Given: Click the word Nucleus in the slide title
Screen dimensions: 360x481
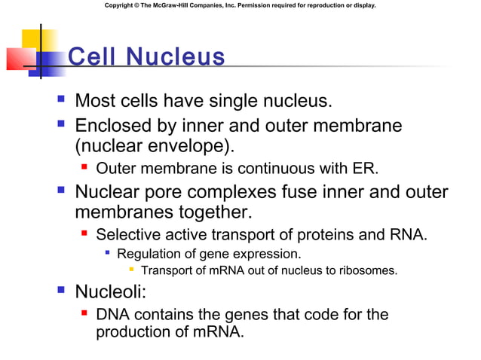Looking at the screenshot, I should coord(175,57).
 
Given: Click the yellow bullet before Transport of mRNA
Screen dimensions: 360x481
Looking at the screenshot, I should coord(132,270).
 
